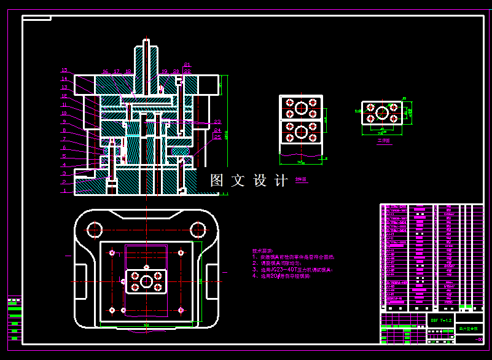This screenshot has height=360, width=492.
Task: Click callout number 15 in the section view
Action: click(64, 70)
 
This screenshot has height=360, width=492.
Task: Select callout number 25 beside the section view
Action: click(217, 137)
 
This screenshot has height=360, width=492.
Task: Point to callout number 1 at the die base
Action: click(64, 190)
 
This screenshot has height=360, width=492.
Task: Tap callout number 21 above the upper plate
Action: click(187, 64)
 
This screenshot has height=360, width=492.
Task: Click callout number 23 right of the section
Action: click(217, 122)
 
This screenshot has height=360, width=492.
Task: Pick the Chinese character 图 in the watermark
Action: click(217, 181)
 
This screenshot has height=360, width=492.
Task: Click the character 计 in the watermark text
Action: click(281, 181)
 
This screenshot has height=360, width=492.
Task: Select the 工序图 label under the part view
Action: click(384, 140)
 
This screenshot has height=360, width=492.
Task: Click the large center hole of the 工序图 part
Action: click(382, 113)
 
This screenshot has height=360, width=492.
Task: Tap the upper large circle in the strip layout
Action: click(301, 108)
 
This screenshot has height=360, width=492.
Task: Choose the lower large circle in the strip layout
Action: click(301, 131)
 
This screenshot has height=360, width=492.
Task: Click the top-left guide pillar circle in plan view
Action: click(95, 230)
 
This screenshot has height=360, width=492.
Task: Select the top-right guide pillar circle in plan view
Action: click(197, 230)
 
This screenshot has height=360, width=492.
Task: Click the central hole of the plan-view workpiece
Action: click(146, 281)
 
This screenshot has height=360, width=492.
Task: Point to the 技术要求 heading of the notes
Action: click(262, 251)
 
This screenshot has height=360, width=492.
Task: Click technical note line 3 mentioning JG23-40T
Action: click(293, 269)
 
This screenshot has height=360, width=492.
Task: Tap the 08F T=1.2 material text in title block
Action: click(441, 320)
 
